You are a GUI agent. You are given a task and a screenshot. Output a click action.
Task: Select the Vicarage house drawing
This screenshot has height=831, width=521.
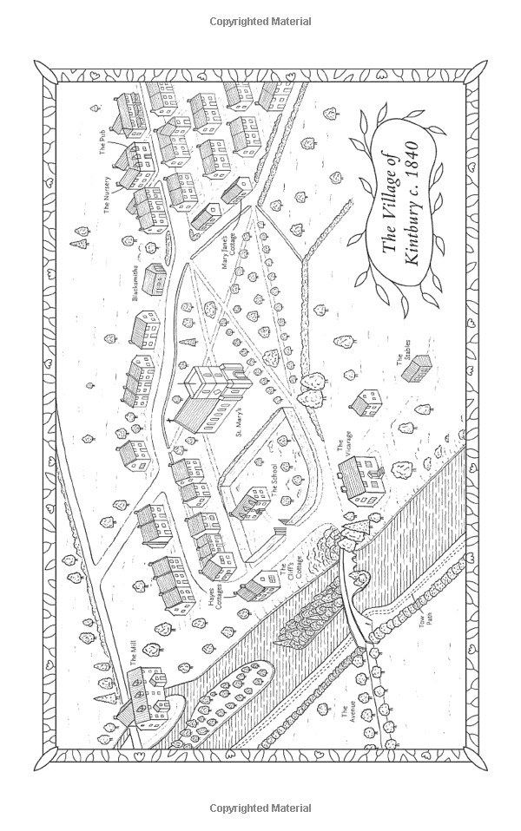[361, 476]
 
